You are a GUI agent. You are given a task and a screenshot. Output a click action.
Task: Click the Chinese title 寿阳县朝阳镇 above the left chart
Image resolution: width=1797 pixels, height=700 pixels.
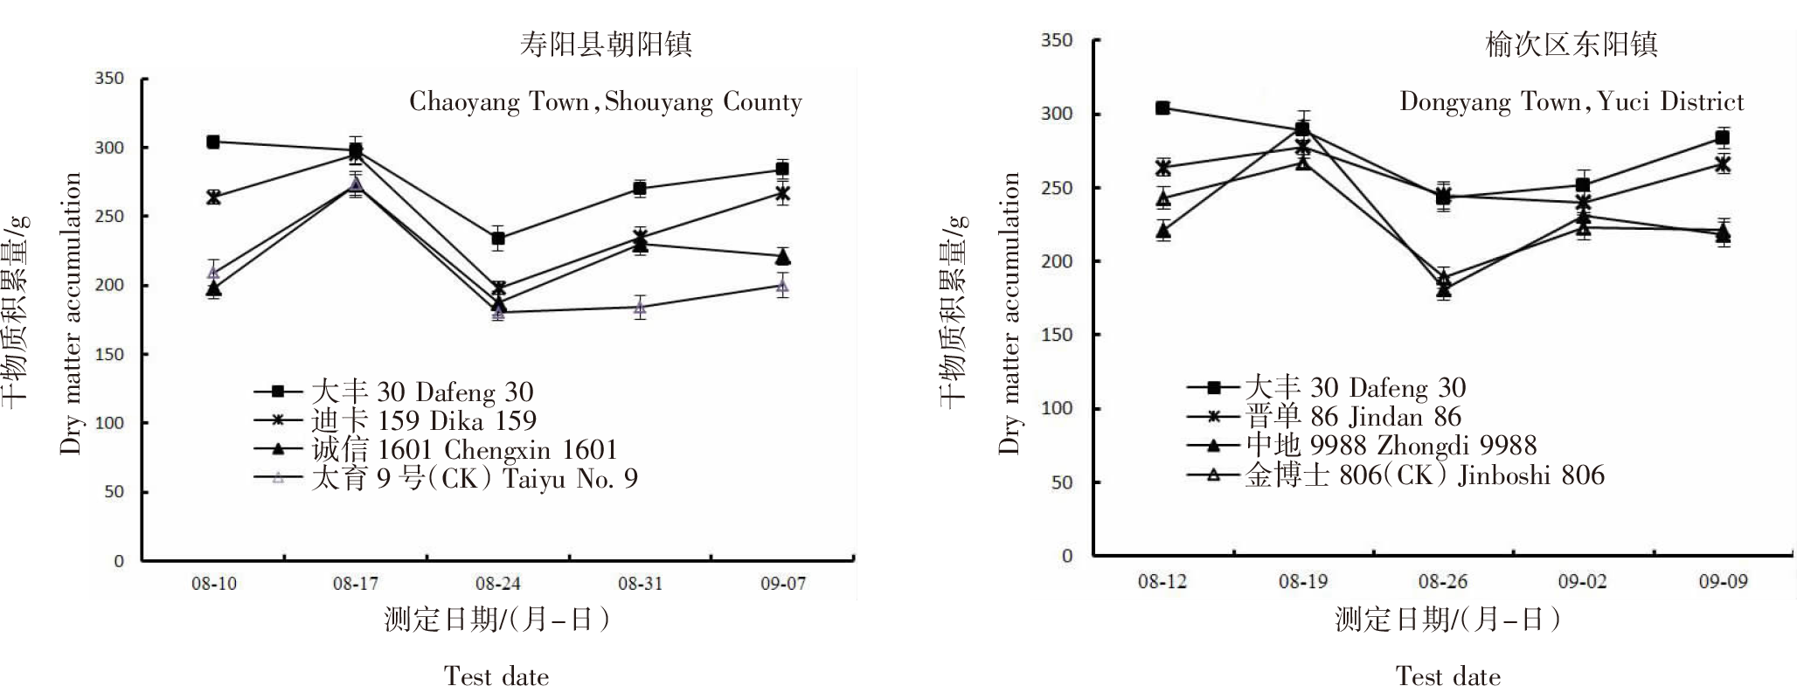(605, 44)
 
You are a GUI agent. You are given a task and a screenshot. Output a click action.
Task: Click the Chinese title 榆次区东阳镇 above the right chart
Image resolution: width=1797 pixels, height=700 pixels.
(1571, 44)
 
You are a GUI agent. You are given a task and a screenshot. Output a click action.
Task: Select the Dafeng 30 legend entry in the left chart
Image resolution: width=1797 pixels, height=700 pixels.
(421, 392)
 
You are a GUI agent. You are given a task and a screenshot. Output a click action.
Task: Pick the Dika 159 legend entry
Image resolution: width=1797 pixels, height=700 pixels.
(423, 421)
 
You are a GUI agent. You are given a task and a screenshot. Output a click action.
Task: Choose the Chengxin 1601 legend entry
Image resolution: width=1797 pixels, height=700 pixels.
(463, 450)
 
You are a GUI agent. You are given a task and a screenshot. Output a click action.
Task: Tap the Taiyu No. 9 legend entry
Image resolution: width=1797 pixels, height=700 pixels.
(474, 479)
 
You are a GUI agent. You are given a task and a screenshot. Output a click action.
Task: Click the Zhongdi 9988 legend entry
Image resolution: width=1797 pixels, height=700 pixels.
(1390, 446)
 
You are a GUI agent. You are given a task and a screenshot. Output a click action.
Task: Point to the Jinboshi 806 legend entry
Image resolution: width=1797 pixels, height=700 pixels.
(1424, 475)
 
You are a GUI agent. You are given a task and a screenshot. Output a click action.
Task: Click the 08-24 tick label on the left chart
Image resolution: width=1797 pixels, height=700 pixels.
(498, 584)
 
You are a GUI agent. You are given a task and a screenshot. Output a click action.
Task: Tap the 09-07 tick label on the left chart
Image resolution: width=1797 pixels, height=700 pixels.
(783, 584)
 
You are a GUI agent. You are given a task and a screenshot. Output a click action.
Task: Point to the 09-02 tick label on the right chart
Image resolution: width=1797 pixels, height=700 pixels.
(1583, 581)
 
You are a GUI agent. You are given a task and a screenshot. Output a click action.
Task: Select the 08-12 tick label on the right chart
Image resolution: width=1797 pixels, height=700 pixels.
(1162, 581)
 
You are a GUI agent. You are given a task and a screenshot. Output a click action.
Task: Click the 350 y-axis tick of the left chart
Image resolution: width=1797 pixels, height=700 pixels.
(109, 79)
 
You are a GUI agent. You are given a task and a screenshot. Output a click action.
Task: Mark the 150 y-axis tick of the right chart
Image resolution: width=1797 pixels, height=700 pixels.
(1060, 336)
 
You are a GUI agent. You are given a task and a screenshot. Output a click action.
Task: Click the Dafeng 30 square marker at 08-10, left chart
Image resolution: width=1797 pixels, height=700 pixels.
(213, 142)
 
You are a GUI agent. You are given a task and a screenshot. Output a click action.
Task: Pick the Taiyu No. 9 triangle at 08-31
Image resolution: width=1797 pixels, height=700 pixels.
(641, 307)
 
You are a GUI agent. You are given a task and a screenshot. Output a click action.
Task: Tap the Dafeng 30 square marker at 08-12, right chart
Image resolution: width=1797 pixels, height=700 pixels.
(1162, 108)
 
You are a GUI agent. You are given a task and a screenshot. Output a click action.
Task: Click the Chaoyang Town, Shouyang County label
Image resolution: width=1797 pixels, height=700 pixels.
(605, 103)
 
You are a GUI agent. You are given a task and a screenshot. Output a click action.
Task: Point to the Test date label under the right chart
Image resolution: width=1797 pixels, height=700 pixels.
(1447, 676)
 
